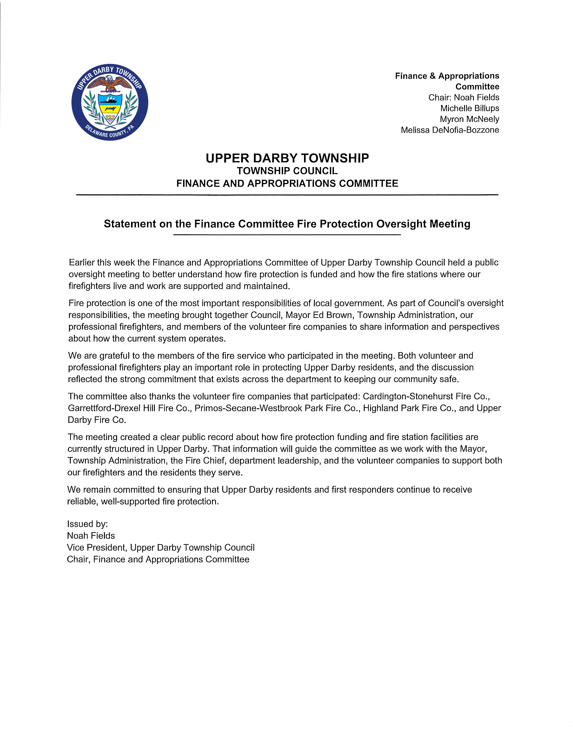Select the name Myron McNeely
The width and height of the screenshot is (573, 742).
tap(469, 119)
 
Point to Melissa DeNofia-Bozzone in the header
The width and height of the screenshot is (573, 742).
tap(450, 130)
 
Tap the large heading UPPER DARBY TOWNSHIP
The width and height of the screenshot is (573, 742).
tap(287, 158)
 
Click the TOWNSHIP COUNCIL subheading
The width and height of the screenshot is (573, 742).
tap(287, 171)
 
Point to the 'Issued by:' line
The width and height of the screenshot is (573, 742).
tap(87, 524)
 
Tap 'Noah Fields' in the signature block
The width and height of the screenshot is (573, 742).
tap(91, 536)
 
